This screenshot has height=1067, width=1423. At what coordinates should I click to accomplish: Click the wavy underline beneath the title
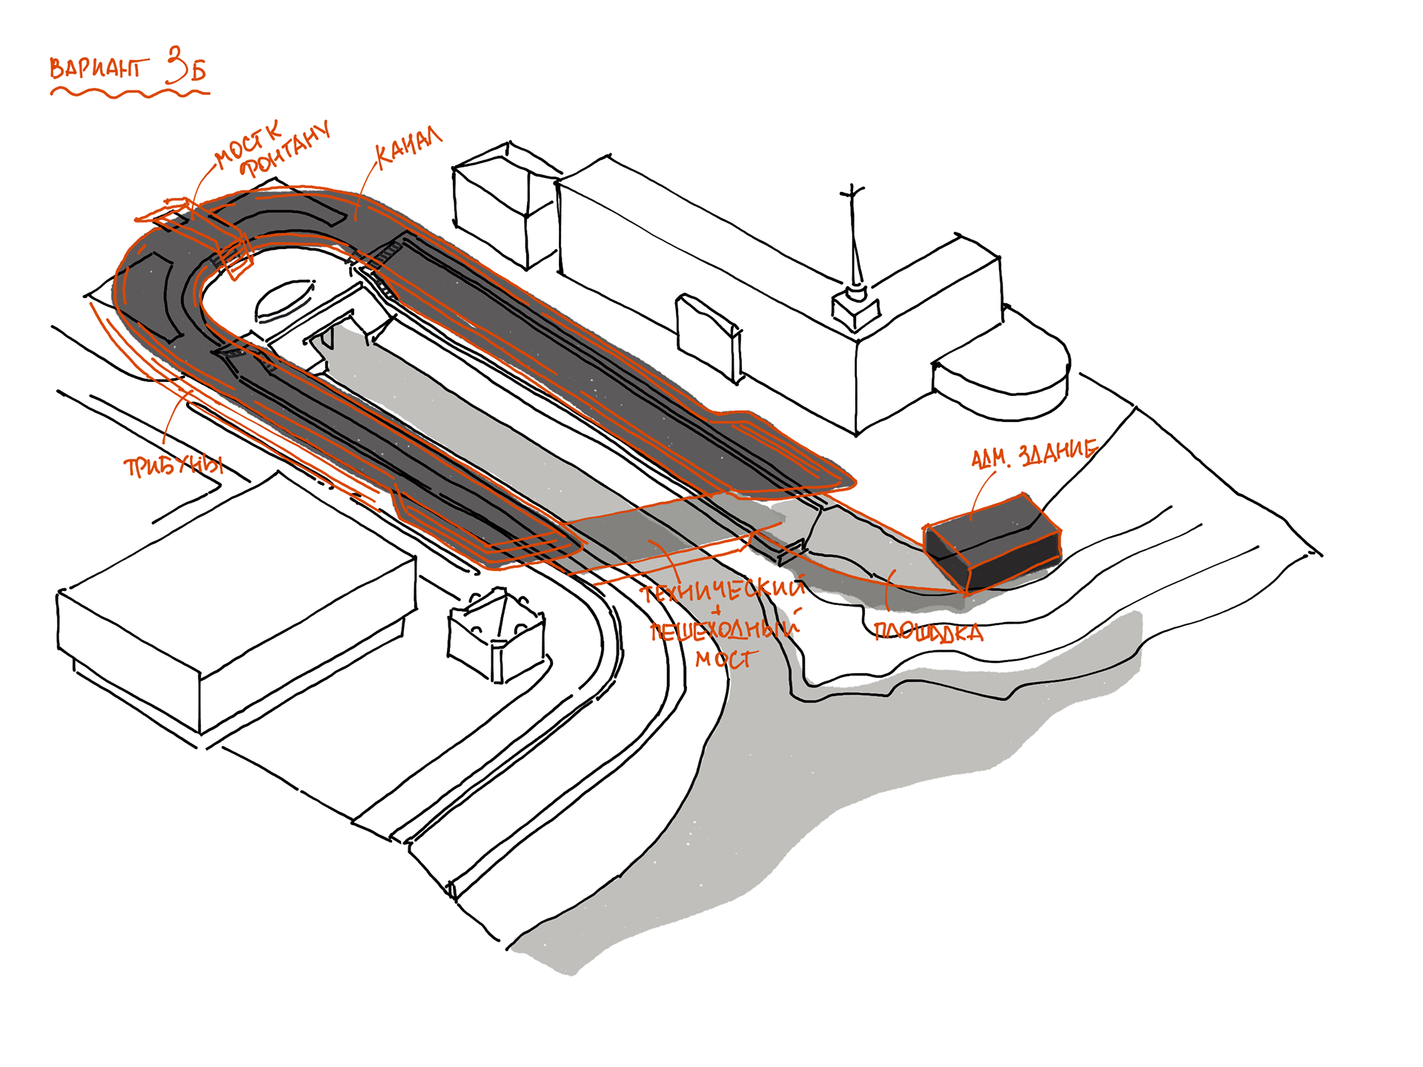click(130, 93)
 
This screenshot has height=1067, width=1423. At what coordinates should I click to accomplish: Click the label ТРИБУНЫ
click(174, 466)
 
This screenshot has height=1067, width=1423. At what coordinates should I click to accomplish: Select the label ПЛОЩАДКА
click(929, 632)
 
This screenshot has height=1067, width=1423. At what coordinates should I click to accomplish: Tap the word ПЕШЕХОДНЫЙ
click(724, 630)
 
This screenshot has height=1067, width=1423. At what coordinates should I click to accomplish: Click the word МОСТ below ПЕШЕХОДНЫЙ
click(726, 658)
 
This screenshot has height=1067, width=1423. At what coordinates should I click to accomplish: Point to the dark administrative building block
click(993, 541)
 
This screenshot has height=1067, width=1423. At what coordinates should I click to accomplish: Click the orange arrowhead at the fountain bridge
click(167, 211)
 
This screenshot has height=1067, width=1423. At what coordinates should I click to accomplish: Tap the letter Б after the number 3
click(197, 70)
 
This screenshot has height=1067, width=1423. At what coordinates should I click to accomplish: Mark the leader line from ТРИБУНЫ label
click(172, 419)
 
